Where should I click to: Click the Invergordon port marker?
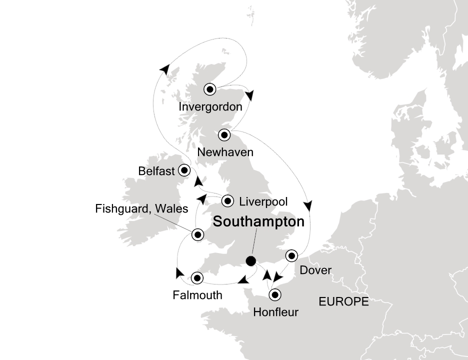coord(210,89)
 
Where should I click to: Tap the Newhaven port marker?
coord(224,134)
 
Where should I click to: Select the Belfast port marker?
coord(184,170)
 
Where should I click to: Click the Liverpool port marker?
coord(228,201)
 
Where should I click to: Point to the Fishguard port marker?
coord(197,234)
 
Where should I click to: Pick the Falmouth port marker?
coord(197,277)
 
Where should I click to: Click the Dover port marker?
coord(291,256)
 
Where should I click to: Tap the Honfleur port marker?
coord(274,295)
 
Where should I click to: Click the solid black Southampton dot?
coord(251,260)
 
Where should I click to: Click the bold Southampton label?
coord(258,222)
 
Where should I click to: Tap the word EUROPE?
coord(343,301)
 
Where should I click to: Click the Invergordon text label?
coord(210,107)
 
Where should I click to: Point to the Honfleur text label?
coord(275,313)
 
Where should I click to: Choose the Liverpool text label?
coord(263,201)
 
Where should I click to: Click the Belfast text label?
coord(156,171)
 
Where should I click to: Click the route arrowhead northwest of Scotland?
coord(164,69)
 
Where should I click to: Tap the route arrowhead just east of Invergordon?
coord(249,95)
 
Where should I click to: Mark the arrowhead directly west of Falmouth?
coord(178,272)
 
